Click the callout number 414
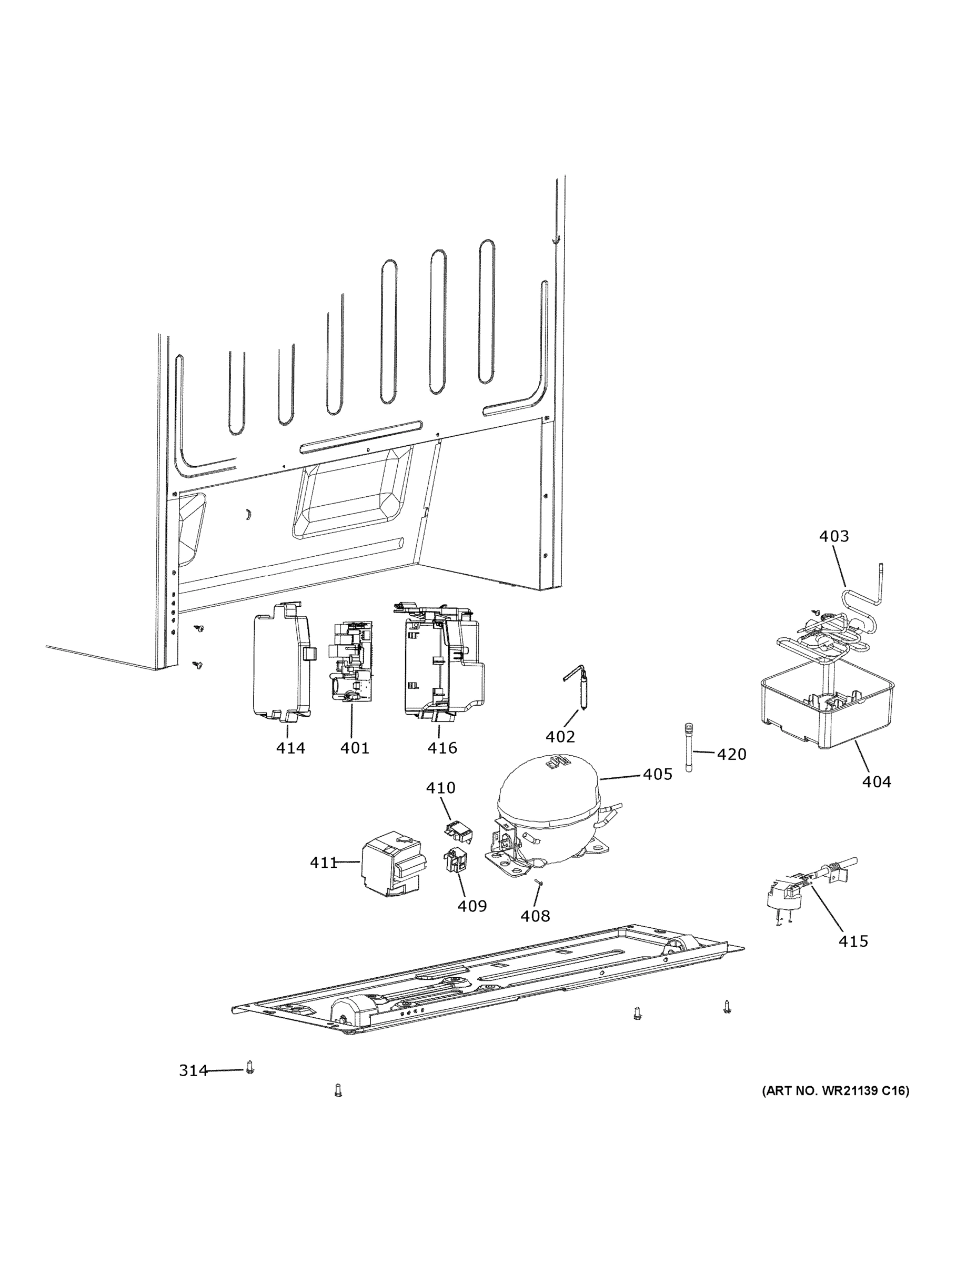290,748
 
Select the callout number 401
355,748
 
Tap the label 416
442,748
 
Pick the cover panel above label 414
280,662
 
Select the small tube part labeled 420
689,747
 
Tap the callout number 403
834,536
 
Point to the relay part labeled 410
458,830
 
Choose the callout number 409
472,906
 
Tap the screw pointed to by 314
250,1067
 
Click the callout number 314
193,1071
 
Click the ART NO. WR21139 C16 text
835,1091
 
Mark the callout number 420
731,754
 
